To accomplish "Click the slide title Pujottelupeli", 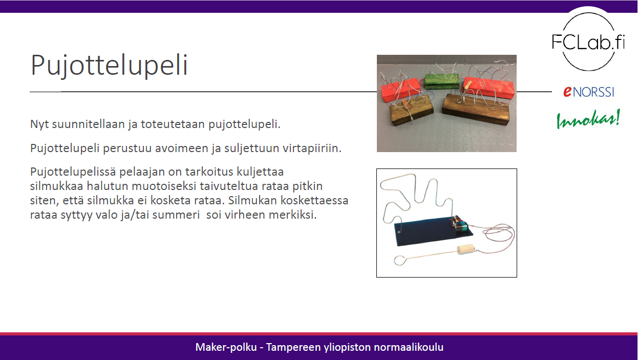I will (109, 66).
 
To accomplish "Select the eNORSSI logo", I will (588, 92).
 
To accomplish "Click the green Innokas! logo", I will (588, 119).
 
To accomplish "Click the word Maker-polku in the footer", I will (223, 347).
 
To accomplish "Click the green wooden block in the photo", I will (441, 81).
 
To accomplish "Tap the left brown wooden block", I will (410, 109).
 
